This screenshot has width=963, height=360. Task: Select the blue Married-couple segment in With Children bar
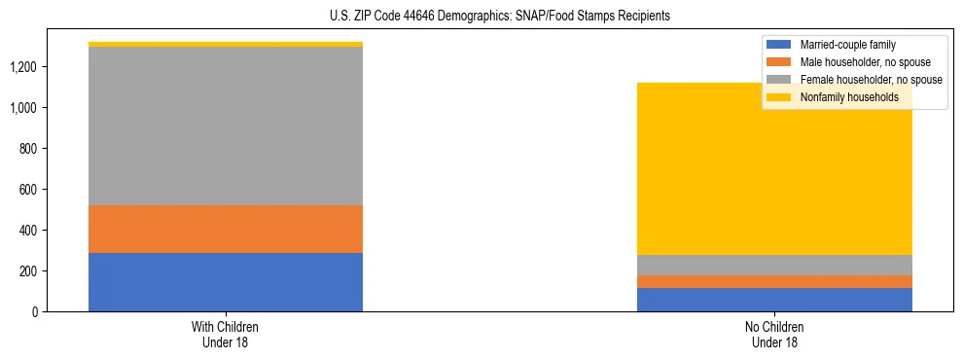[226, 282]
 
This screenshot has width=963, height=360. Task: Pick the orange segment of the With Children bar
[226, 229]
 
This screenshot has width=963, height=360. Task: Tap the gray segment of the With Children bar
[226, 126]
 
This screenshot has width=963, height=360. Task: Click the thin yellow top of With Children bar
[226, 44]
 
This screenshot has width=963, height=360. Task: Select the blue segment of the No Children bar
[774, 300]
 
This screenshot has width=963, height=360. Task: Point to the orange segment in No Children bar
[774, 281]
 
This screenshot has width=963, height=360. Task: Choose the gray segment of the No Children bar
[774, 265]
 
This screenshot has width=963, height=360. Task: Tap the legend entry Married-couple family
[847, 45]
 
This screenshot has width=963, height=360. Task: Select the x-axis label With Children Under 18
[226, 334]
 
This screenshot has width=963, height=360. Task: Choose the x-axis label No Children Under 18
[774, 334]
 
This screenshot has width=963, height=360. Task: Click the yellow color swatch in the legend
[779, 97]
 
